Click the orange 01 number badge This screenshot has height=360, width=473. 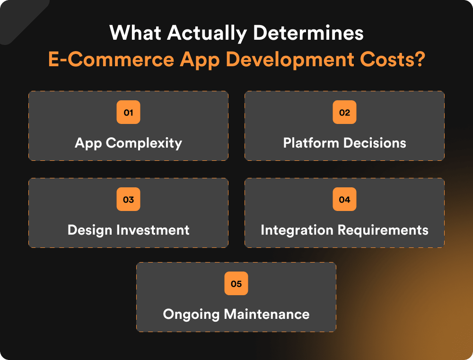[128, 113]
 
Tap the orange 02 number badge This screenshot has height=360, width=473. [344, 113]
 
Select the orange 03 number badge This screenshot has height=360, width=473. [128, 200]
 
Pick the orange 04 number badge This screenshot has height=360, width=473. [344, 200]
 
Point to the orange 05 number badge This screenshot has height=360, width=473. [236, 284]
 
